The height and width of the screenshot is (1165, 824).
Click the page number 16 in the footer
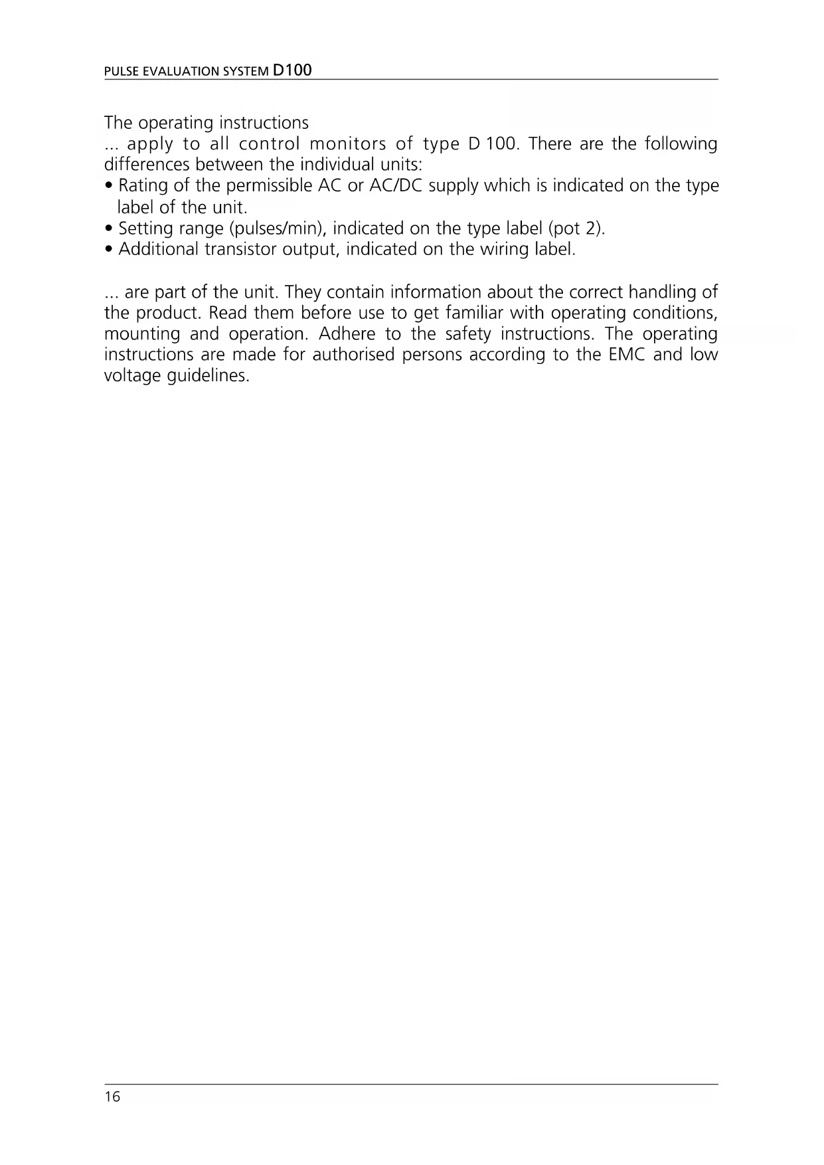tap(112, 1097)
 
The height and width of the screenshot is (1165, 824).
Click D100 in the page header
tap(292, 70)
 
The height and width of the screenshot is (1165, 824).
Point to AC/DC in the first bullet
tap(396, 186)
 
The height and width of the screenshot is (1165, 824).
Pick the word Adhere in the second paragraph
tap(347, 333)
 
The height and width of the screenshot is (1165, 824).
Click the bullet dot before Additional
tap(110, 250)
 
